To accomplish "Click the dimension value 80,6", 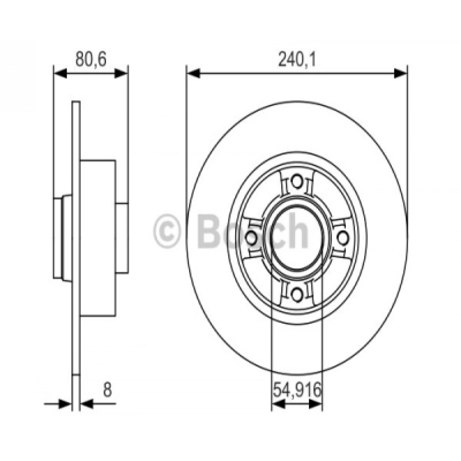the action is coord(91,59).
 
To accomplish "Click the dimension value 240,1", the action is coord(297,60).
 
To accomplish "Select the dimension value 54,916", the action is coord(297,390).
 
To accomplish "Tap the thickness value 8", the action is coord(108,390).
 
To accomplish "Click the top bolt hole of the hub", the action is coord(297,182).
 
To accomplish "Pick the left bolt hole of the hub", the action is coord(251,238).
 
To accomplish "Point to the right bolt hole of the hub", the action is coord(343,238).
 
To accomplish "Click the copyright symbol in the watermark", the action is coord(166,231).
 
